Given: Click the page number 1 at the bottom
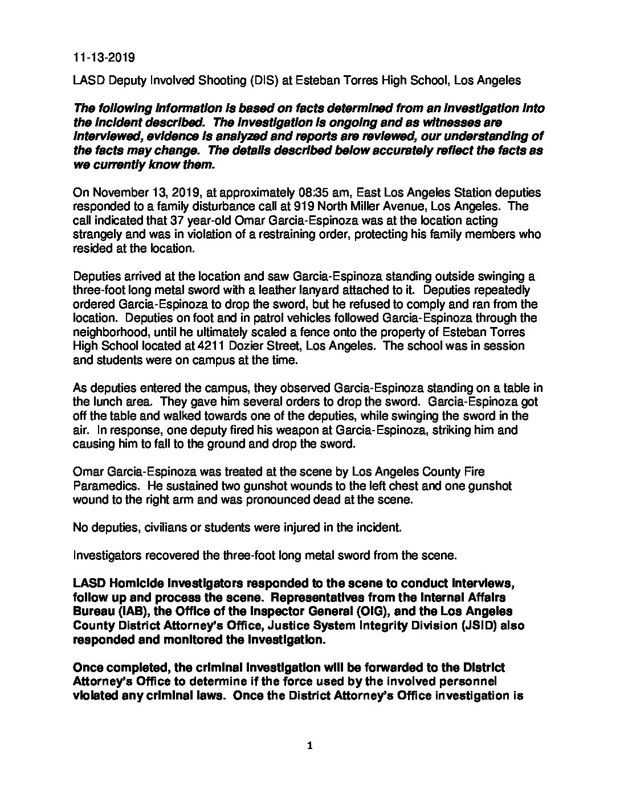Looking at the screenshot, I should click(x=310, y=746).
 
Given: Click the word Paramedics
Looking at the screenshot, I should click(x=103, y=486).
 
